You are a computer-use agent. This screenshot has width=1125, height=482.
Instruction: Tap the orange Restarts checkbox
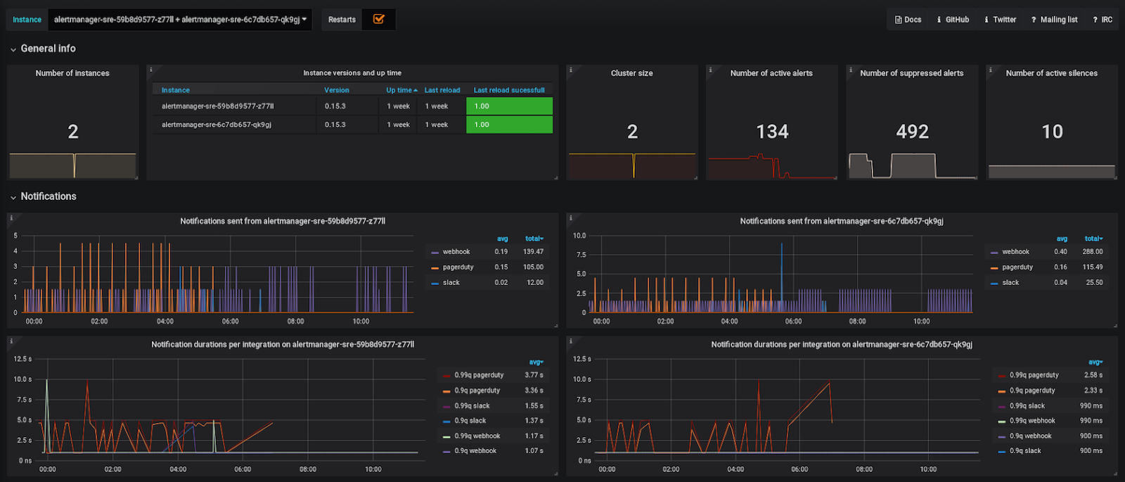pyautogui.click(x=378, y=19)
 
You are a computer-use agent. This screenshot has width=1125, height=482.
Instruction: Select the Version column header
pyautogui.click(x=336, y=90)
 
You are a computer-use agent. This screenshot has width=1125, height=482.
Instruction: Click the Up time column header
pyautogui.click(x=401, y=90)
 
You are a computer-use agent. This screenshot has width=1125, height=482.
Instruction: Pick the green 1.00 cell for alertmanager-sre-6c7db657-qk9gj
pyautogui.click(x=509, y=125)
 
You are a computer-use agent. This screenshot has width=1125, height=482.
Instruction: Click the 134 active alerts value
pyautogui.click(x=772, y=132)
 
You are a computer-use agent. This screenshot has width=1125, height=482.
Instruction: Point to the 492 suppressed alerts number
pyautogui.click(x=912, y=132)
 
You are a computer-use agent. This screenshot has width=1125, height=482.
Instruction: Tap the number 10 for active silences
pyautogui.click(x=1052, y=132)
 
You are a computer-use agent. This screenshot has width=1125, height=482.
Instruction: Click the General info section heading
pyautogui.click(x=48, y=49)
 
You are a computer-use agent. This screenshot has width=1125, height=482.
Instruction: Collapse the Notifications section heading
pyautogui.click(x=48, y=196)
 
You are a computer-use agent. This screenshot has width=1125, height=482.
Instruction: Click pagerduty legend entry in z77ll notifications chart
pyautogui.click(x=458, y=267)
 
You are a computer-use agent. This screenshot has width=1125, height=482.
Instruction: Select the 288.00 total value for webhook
pyautogui.click(x=1092, y=252)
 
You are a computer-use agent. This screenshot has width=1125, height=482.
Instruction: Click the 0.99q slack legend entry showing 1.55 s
pyautogui.click(x=472, y=406)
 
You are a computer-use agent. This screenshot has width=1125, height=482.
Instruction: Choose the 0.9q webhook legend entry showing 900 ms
pyautogui.click(x=1030, y=436)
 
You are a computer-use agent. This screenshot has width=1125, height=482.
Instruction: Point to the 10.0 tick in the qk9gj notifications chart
pyautogui.click(x=579, y=236)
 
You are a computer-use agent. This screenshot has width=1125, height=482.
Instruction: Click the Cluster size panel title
pyautogui.click(x=631, y=73)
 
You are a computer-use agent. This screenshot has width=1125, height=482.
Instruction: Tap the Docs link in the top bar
pyautogui.click(x=908, y=20)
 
